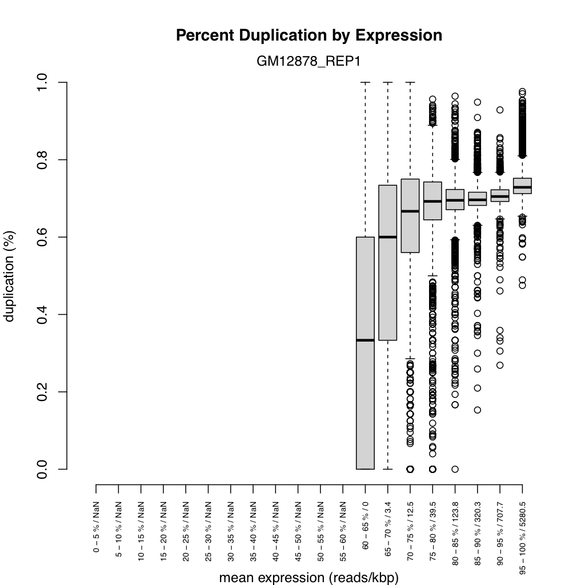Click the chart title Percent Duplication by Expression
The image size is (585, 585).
309,35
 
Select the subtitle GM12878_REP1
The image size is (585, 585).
309,62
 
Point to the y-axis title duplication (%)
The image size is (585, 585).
10,276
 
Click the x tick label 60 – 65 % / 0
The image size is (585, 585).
365,521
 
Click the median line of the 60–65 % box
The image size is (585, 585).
365,340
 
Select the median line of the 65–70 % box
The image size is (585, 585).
388,237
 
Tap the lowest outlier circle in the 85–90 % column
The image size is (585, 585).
478,410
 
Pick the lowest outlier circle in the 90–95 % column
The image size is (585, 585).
500,365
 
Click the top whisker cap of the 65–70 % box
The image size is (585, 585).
388,82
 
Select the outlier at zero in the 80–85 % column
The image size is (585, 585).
455,469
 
